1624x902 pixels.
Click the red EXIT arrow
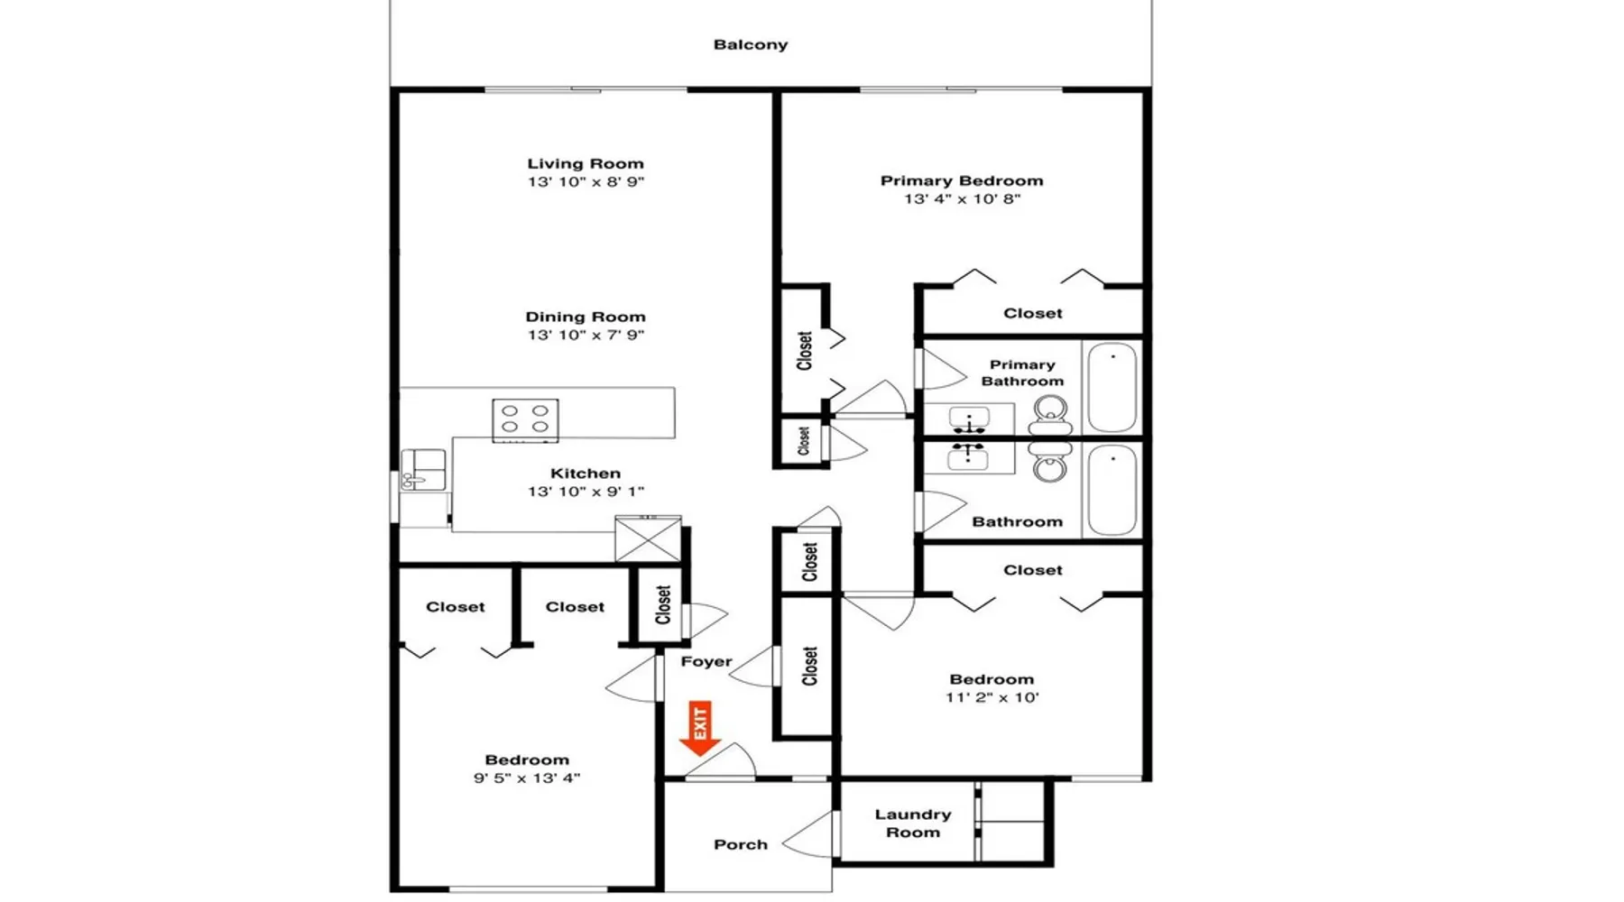click(x=699, y=728)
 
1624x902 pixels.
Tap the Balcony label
click(x=751, y=44)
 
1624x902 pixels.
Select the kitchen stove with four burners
click(x=525, y=420)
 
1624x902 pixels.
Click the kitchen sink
click(x=423, y=470)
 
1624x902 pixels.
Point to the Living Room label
click(x=586, y=163)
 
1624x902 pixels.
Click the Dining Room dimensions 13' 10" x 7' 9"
click(x=586, y=335)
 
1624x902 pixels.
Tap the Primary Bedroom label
click(x=962, y=180)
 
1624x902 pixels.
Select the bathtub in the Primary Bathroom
click(x=1112, y=388)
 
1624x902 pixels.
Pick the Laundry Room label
click(x=913, y=823)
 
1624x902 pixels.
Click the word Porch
click(x=741, y=844)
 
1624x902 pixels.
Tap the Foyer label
click(x=706, y=661)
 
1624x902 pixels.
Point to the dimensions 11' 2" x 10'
click(x=992, y=697)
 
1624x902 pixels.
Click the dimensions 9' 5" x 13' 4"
click(x=527, y=778)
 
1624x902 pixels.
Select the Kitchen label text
click(x=586, y=473)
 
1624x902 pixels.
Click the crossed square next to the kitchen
click(x=648, y=538)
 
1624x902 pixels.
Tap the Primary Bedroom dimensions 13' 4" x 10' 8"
click(x=962, y=198)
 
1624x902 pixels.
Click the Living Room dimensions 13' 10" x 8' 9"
click(x=586, y=181)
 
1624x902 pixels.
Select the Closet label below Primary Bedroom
click(x=1033, y=313)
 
